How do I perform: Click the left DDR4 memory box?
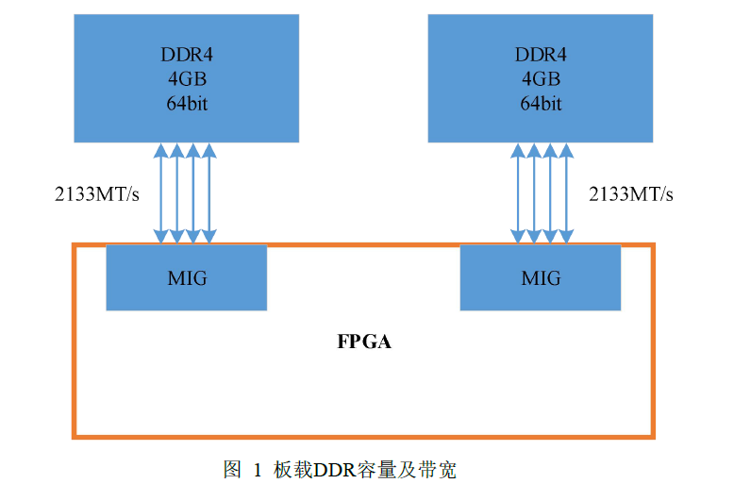tap(187, 38)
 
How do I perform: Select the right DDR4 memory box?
tap(540, 38)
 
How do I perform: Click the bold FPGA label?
tap(364, 342)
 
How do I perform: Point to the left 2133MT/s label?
tap(97, 194)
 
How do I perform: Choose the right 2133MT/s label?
tap(631, 194)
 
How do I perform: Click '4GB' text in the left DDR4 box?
tap(187, 78)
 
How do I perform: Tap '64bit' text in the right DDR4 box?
tap(541, 103)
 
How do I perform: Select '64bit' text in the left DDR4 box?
tap(187, 103)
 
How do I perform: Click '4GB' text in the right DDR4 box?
tap(541, 78)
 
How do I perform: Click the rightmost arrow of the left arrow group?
tap(209, 193)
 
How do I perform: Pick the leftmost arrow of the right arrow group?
tap(516, 193)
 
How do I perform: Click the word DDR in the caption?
tap(333, 469)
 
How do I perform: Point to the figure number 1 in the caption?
tap(257, 469)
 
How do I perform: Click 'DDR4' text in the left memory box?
tap(187, 55)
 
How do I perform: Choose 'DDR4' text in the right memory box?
tap(541, 55)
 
